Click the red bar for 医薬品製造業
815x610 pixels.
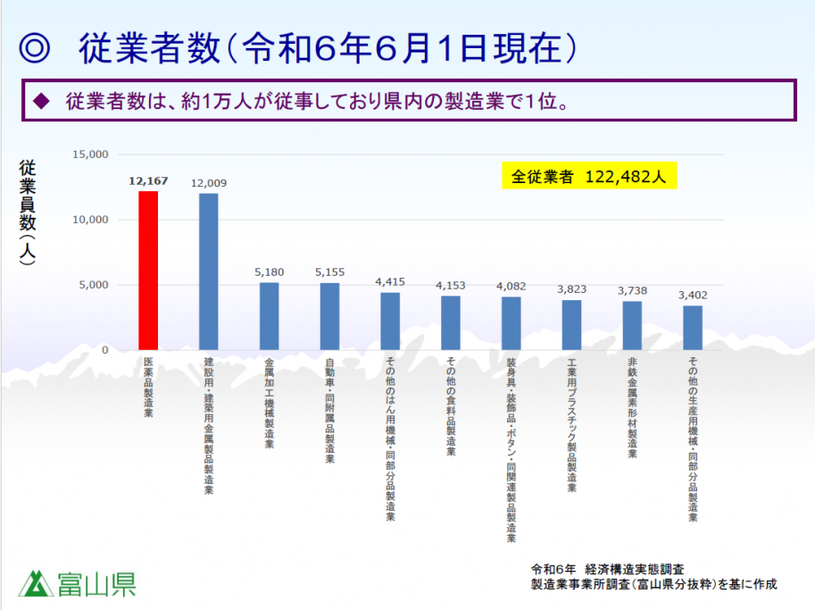(148, 271)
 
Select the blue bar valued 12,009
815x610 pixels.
(208, 272)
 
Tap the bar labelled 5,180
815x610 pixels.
(269, 316)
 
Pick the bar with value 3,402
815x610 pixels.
(693, 328)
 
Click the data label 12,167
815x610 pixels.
(148, 181)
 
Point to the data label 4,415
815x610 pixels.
(390, 281)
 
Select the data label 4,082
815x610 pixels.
(511, 286)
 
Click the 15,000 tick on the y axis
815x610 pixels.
(90, 155)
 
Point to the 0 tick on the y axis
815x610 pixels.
(104, 350)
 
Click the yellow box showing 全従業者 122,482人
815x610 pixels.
(588, 176)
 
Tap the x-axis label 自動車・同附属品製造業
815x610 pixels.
(329, 410)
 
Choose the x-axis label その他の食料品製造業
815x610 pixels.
(451, 406)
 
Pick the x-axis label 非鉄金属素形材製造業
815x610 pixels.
(632, 406)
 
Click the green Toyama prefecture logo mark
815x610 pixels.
(37, 583)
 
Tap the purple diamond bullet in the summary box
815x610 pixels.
(39, 101)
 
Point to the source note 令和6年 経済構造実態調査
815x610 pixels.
(607, 569)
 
